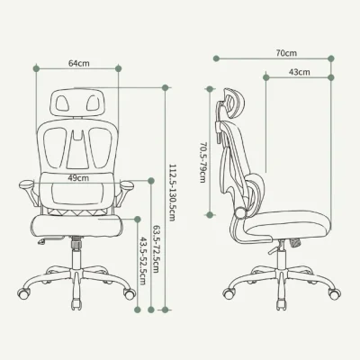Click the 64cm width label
point(79,64)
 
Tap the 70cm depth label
point(286,53)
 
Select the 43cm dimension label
point(300,72)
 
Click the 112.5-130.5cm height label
point(172,193)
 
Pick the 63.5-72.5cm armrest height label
point(156,249)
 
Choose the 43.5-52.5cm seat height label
point(142,261)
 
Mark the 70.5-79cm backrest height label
point(202,162)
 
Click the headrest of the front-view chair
point(78,102)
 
